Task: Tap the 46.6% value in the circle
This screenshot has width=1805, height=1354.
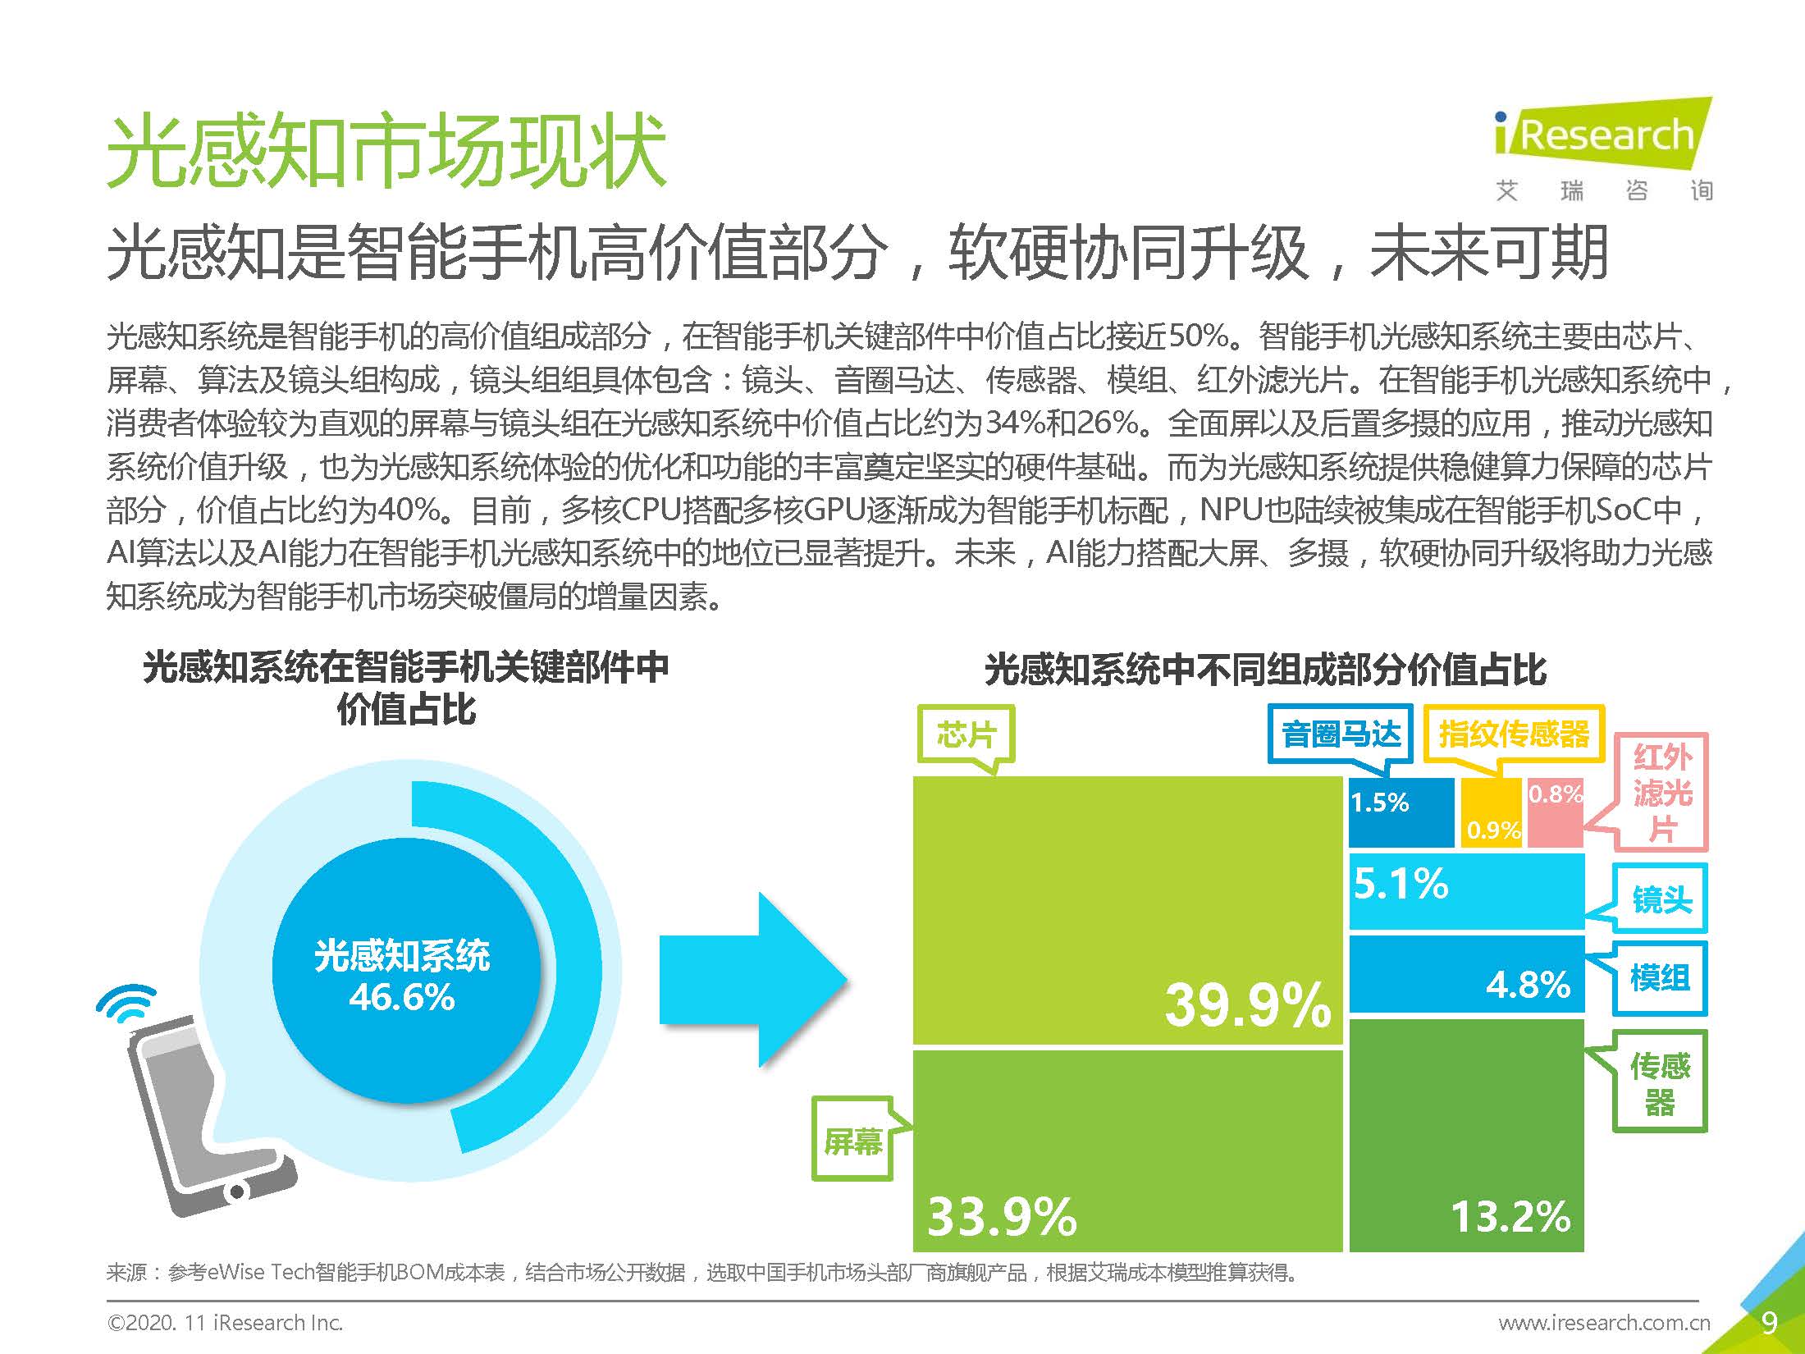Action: coord(401,998)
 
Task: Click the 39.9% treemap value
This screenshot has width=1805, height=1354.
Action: coord(1247,1004)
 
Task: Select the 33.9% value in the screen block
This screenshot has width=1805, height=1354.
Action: coord(1002,1216)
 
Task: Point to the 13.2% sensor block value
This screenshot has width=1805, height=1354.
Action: coord(1510,1216)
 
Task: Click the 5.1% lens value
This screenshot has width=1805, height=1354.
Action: coord(1401,884)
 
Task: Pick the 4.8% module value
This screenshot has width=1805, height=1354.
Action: coord(1528,983)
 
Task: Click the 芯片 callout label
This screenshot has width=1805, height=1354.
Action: coord(966,734)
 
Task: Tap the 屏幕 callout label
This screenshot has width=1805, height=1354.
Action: coord(852,1141)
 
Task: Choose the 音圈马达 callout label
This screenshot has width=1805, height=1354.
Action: coord(1341,734)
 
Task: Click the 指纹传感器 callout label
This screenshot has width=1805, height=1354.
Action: coord(1514,734)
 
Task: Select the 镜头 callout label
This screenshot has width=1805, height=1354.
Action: coord(1661,899)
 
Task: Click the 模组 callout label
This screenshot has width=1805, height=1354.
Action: coord(1659,977)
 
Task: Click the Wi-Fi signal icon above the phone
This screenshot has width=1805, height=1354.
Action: coord(127,1006)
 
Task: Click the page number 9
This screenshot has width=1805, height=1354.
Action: coord(1769,1323)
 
